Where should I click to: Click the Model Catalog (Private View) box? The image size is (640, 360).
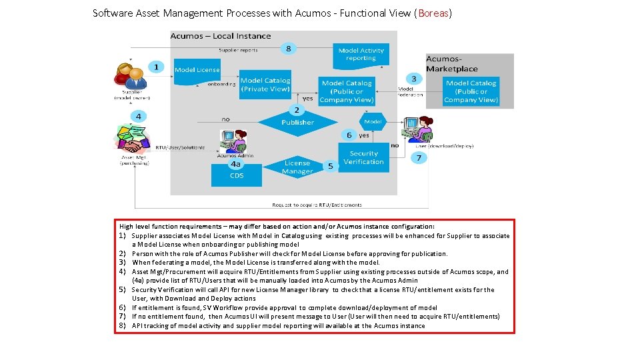coord(265,85)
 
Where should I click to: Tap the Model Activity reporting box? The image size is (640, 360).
coord(361,54)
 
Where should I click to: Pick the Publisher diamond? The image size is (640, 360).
coord(297,122)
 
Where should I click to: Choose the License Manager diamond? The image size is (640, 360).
coord(297,167)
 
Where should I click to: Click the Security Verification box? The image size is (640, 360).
coord(363,158)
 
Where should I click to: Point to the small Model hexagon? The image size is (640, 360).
coord(373,122)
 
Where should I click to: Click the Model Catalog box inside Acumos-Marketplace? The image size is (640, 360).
coord(471,91)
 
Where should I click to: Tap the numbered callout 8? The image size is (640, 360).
coord(288,48)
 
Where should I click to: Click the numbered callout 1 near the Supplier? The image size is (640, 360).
coord(156,67)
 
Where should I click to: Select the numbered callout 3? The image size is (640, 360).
coord(414,78)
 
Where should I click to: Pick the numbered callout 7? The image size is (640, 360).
coord(418,158)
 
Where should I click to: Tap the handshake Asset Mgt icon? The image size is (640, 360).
coord(134,139)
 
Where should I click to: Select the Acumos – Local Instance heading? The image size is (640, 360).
coord(221,36)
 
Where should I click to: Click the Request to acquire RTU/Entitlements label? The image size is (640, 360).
coord(317,205)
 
